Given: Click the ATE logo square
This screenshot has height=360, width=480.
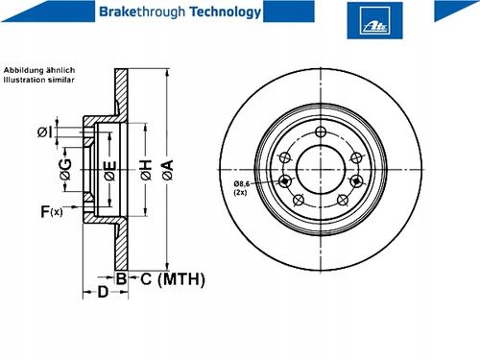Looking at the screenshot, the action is (x=374, y=20).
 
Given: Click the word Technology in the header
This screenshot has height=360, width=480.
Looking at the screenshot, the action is (x=226, y=12).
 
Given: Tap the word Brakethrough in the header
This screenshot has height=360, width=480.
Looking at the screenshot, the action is (x=142, y=12).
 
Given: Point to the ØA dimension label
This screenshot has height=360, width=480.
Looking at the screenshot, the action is (x=168, y=170).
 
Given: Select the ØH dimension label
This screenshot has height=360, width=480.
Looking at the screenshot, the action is (x=146, y=170).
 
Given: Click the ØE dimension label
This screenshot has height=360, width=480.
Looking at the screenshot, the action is (x=110, y=171).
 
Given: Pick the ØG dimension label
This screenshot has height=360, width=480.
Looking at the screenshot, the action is (x=65, y=169).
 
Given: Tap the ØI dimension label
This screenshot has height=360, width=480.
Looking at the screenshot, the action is (x=45, y=132).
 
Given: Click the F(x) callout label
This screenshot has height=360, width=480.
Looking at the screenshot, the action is (x=52, y=211).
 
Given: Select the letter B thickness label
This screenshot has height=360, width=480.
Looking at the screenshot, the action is (x=121, y=278).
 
